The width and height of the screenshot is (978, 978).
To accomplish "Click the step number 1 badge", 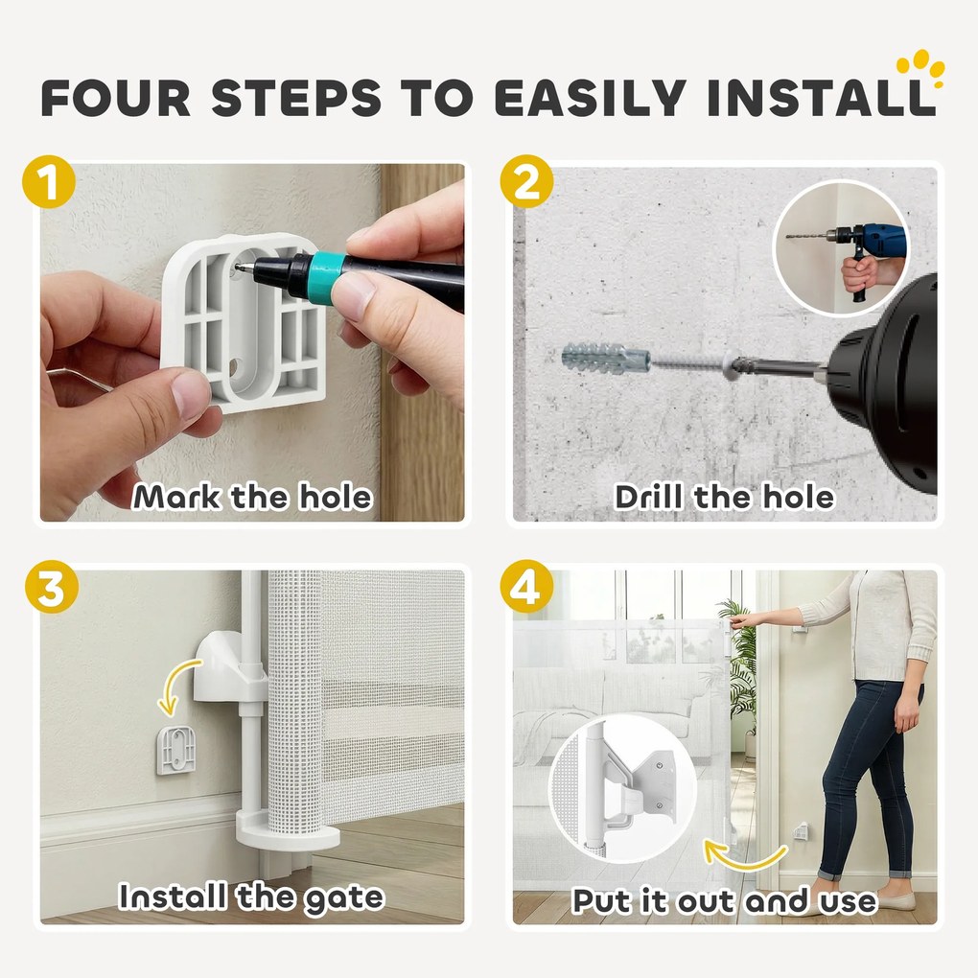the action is coord(49,181).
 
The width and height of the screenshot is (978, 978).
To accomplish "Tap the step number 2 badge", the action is coord(526,181).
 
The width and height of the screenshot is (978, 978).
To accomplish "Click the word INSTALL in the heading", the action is coord(821,98).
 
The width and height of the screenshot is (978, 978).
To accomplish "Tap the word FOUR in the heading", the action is coord(115,98).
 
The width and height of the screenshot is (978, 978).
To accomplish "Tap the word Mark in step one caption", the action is coord(177,497).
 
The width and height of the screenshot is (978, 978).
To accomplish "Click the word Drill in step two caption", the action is coord(649,497).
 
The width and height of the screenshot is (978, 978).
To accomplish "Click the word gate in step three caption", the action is coord(343,898).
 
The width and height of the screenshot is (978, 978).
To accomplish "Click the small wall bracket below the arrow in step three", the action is coord(177,750).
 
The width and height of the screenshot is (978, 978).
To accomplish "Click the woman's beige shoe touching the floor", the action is coord(890,900).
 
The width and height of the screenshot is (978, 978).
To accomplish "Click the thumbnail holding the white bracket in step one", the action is coord(188,393).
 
